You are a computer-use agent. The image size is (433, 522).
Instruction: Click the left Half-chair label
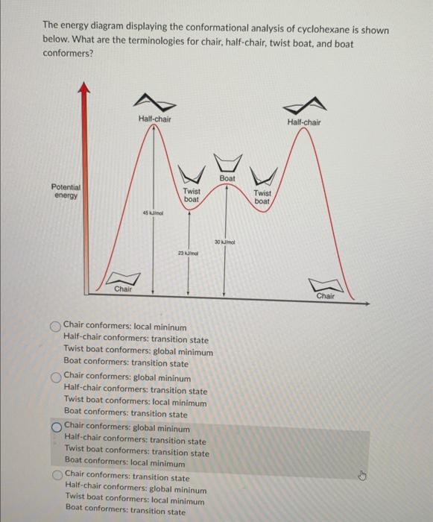tap(154, 119)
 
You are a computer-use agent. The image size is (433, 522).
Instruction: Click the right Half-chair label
tap(304, 122)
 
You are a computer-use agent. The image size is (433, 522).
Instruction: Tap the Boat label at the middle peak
tap(227, 178)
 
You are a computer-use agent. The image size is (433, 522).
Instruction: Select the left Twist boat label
tap(192, 195)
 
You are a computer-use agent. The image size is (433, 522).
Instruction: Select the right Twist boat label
tap(262, 197)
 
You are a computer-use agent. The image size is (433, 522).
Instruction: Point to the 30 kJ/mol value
tap(224, 243)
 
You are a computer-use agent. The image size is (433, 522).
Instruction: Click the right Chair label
tap(326, 296)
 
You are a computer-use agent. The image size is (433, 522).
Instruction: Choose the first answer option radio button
tap(56, 327)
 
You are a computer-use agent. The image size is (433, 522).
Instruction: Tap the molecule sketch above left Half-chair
tap(153, 101)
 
